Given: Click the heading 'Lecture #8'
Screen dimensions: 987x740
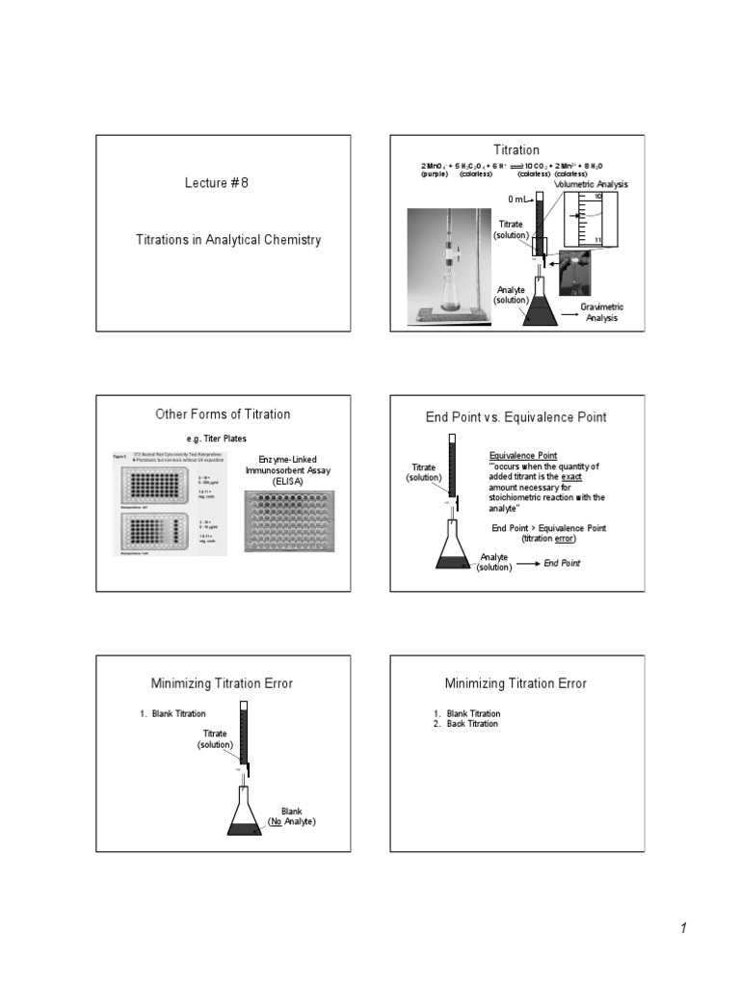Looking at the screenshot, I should coord(217,183).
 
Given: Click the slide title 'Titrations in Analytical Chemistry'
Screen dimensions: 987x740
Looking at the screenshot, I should coord(228,238).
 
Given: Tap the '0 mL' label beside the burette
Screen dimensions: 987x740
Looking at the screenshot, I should coord(518,200).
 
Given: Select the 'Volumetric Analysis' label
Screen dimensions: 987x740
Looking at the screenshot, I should coord(590,183).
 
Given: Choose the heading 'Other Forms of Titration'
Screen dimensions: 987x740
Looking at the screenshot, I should coord(223,414).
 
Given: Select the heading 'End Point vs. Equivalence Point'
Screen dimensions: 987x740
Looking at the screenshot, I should coord(515,417).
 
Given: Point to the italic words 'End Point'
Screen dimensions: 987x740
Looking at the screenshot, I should coord(563,563).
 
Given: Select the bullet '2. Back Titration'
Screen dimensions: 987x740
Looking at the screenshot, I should coord(467,724).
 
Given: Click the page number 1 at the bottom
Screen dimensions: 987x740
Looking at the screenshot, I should coord(682,928).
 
